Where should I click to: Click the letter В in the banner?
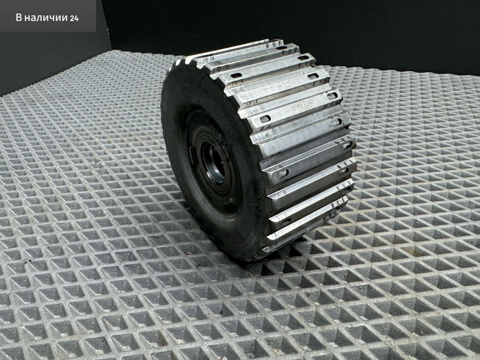click(x=19, y=18)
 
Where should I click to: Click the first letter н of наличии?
click(x=27, y=18)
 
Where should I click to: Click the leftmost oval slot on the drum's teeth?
click(x=236, y=76)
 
